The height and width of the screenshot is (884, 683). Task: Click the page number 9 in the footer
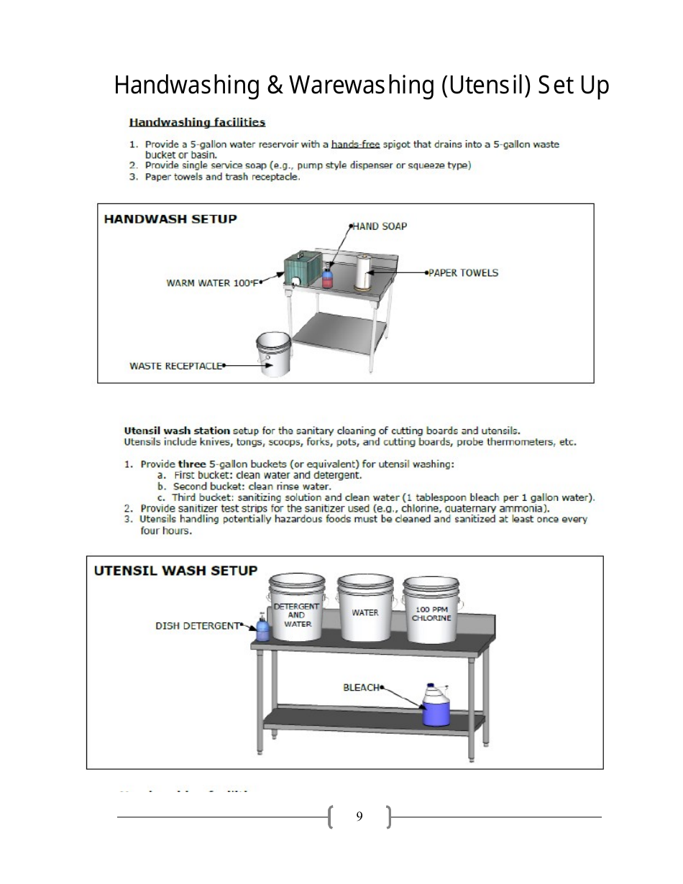tap(359, 816)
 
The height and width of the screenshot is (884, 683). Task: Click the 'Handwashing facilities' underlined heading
tap(197, 123)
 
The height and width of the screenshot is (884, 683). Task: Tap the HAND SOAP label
tap(380, 226)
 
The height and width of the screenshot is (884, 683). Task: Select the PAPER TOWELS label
tap(463, 273)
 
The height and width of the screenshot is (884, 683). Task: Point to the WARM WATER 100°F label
tap(211, 283)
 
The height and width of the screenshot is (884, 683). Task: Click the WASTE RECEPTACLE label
tap(176, 366)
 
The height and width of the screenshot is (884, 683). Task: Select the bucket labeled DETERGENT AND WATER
tap(296, 609)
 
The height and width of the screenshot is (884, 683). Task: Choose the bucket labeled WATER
tap(365, 608)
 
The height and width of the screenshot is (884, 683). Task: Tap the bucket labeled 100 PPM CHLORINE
tap(432, 609)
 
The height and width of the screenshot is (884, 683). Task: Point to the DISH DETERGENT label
tap(197, 626)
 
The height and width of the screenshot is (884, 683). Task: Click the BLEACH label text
tap(361, 688)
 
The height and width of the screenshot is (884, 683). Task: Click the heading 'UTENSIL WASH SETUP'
tap(176, 571)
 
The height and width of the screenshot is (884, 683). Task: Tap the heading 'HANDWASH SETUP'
tap(170, 219)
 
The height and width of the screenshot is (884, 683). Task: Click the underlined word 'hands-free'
tap(355, 144)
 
